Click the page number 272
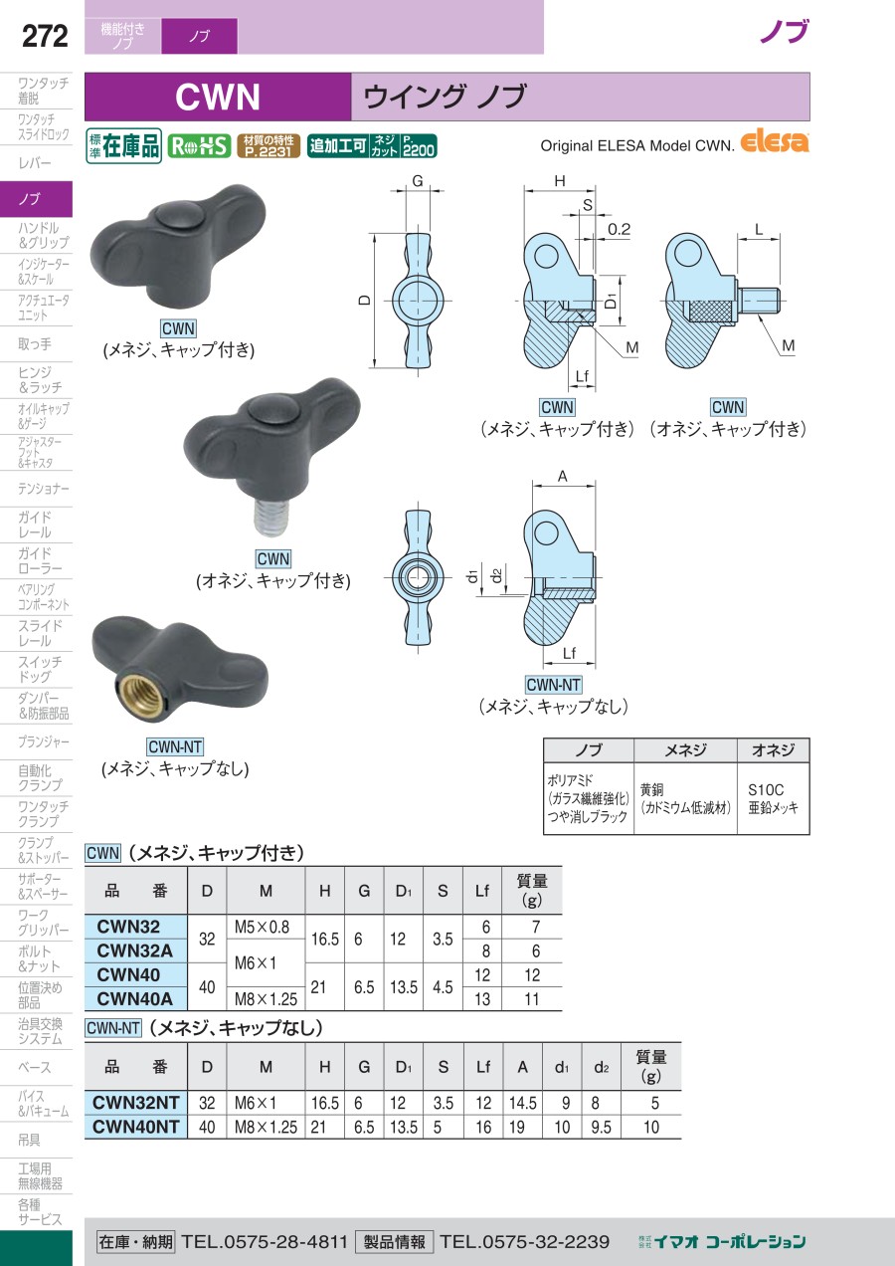click(45, 36)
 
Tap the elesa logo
click(774, 141)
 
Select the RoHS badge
click(199, 146)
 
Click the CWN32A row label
click(134, 950)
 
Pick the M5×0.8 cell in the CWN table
click(262, 927)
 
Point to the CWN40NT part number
click(135, 1127)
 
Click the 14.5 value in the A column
click(522, 1103)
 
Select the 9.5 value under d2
click(601, 1127)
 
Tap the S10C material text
click(765, 789)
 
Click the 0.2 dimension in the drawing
click(619, 229)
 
